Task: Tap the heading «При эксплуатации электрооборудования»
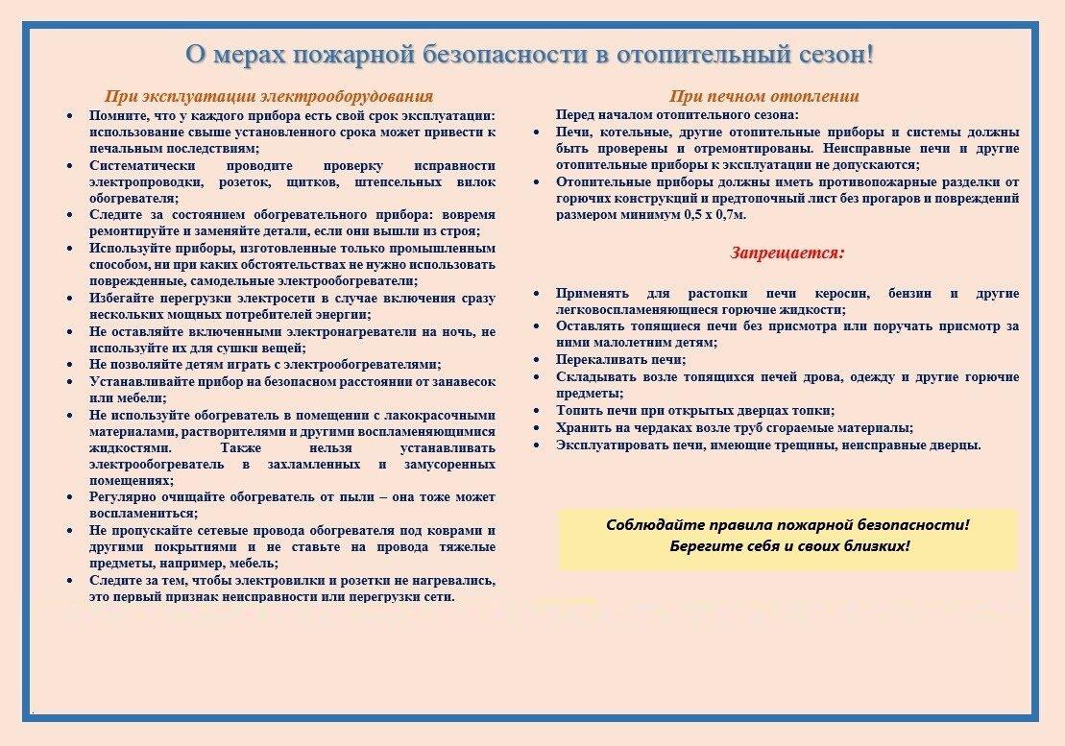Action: tap(269, 96)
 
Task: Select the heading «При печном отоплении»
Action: tap(764, 96)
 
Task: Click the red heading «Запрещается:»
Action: tap(787, 253)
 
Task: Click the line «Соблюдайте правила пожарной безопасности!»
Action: tap(787, 525)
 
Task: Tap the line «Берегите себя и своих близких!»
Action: tap(789, 545)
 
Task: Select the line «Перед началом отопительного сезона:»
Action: tap(677, 114)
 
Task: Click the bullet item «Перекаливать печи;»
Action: tap(620, 360)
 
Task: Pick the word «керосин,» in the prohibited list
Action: tap(841, 294)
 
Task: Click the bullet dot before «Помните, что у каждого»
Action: tap(70, 117)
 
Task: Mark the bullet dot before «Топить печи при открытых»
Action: tap(537, 411)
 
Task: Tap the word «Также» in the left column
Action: tap(241, 448)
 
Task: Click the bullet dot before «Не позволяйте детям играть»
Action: tap(70, 366)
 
